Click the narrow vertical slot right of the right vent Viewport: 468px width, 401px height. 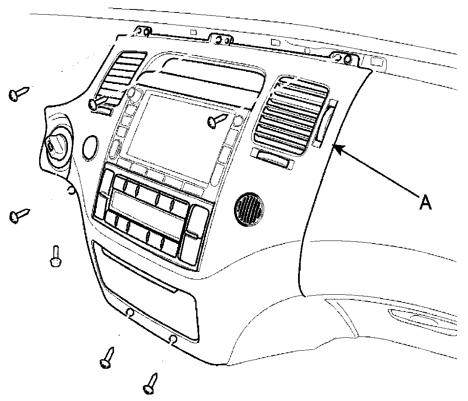click(324, 122)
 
